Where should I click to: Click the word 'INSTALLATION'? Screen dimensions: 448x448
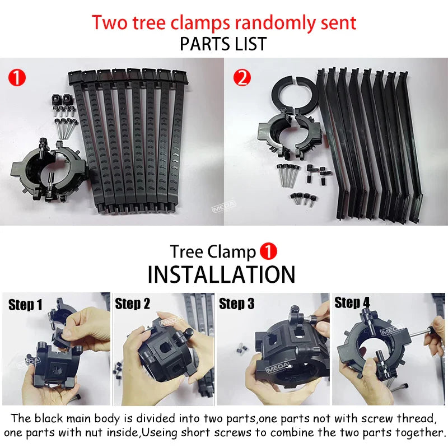click(x=221, y=274)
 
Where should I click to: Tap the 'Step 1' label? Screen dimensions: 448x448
click(x=25, y=305)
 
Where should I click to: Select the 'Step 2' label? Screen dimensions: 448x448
click(x=133, y=304)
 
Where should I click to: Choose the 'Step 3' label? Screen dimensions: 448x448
click(x=236, y=304)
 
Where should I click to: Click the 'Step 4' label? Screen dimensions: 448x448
click(x=352, y=303)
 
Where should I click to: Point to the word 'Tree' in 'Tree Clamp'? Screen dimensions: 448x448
click(x=187, y=251)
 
